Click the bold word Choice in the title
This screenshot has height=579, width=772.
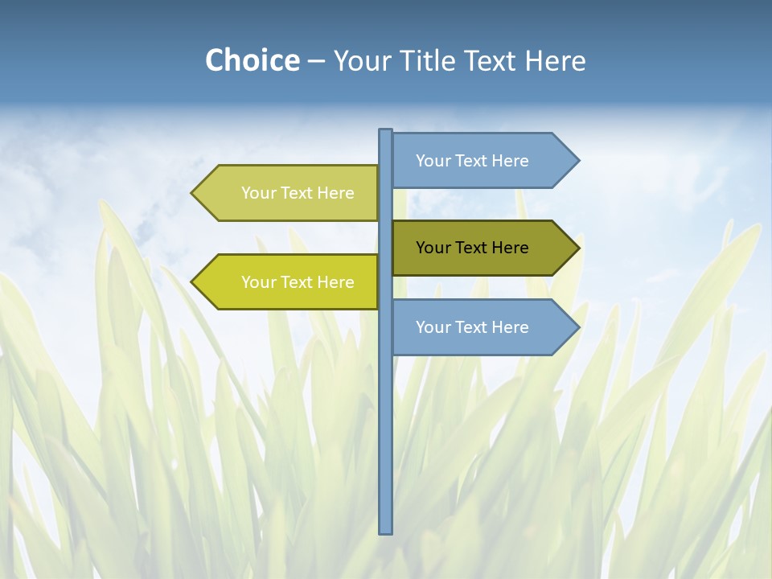[x=252, y=60]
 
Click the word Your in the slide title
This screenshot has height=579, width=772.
[x=363, y=61]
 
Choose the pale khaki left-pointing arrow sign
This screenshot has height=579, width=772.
[x=289, y=193]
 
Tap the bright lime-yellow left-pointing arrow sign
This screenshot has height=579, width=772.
[x=289, y=282]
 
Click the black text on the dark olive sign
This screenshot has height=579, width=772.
[x=472, y=248]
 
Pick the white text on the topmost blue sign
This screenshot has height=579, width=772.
[x=472, y=161]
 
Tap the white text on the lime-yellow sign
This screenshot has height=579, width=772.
[x=298, y=282]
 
